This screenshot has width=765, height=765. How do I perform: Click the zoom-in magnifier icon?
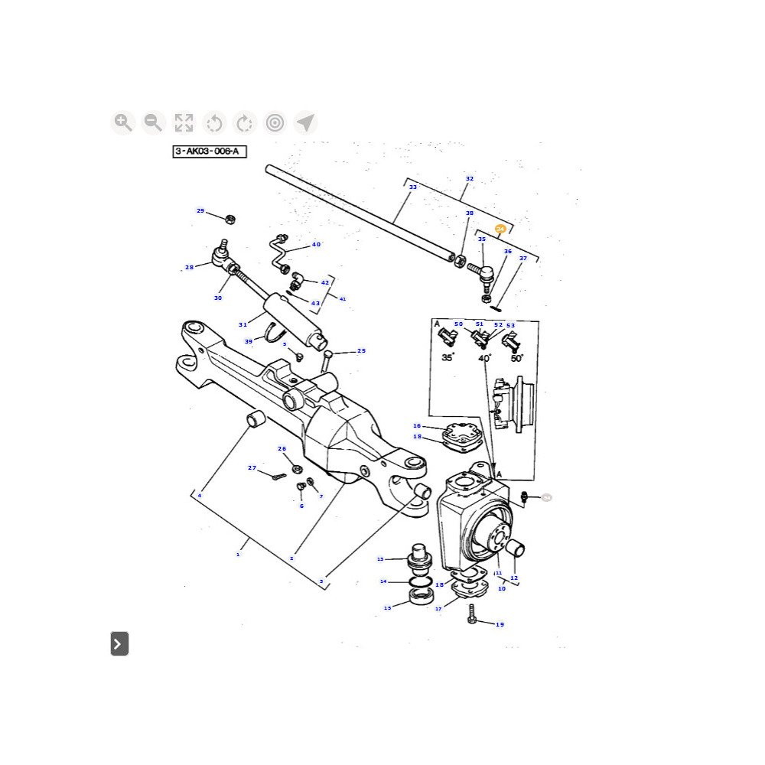pyautogui.click(x=122, y=122)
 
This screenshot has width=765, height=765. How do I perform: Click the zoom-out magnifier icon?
pyautogui.click(x=153, y=122)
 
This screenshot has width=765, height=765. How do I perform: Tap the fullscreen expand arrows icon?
pyautogui.click(x=184, y=122)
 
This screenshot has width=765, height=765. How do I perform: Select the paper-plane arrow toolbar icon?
pyautogui.click(x=305, y=122)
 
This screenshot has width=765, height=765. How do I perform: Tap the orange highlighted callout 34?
pyautogui.click(x=500, y=229)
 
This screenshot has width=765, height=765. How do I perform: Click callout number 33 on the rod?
pyautogui.click(x=413, y=187)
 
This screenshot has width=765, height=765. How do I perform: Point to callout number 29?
pyautogui.click(x=200, y=211)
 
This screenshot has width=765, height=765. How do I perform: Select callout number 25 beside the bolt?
pyautogui.click(x=361, y=351)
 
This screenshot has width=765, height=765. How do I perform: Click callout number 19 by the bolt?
pyautogui.click(x=500, y=625)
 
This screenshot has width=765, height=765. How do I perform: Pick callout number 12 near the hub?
pyautogui.click(x=514, y=578)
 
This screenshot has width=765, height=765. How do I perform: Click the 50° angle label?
pyautogui.click(x=517, y=357)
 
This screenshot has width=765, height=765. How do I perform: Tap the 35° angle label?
pyautogui.click(x=448, y=357)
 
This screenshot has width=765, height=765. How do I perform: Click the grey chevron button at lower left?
pyautogui.click(x=119, y=644)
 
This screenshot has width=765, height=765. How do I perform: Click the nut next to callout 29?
pyautogui.click(x=229, y=220)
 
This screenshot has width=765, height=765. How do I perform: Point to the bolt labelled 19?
pyautogui.click(x=472, y=614)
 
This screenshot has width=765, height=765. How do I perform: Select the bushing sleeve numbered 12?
pyautogui.click(x=513, y=548)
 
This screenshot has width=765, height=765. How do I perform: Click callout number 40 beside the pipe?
pyautogui.click(x=316, y=245)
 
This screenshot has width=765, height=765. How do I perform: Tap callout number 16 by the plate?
pyautogui.click(x=417, y=426)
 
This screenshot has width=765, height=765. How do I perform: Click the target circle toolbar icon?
pyautogui.click(x=275, y=122)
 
